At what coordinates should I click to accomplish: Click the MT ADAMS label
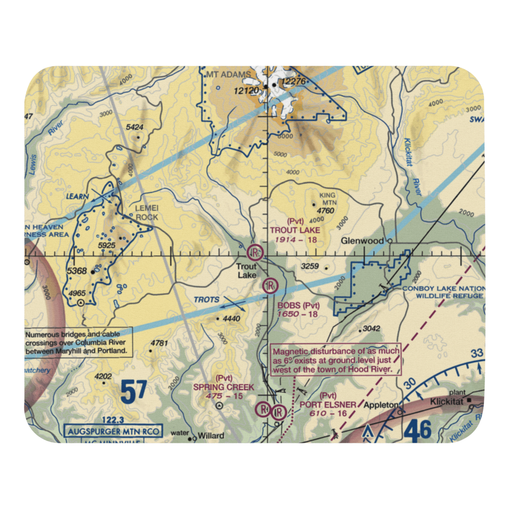(229, 75)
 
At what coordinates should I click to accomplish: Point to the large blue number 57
(133, 391)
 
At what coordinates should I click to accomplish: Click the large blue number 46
(418, 431)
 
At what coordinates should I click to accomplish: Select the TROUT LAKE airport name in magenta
(295, 230)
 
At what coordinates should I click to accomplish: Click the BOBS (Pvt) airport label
(299, 306)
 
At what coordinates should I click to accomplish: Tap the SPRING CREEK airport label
(223, 387)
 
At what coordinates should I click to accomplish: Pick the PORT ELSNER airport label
(328, 405)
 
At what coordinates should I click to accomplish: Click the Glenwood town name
(363, 241)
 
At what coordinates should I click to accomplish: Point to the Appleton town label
(381, 405)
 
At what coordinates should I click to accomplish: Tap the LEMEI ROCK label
(147, 213)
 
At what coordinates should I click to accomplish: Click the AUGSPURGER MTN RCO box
(114, 432)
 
